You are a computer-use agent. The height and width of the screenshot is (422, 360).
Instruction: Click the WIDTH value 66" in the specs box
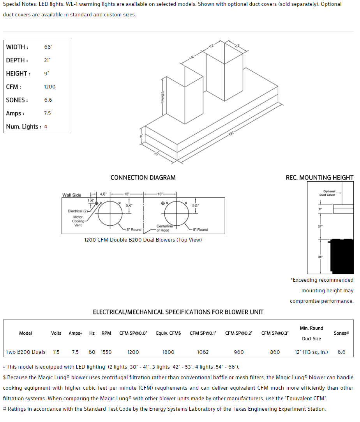(48, 47)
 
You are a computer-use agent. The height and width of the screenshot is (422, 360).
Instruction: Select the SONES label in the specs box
(17, 100)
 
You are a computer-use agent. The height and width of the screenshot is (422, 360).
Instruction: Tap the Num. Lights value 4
(46, 127)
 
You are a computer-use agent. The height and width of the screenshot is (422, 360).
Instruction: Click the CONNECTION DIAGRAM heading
(143, 178)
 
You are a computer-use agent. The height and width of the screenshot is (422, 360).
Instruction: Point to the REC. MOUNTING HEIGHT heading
(319, 178)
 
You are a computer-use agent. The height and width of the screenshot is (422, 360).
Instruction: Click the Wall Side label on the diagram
(72, 195)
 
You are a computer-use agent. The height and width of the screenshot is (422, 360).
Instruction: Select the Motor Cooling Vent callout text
(78, 221)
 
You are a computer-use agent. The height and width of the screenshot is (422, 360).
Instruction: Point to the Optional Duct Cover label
(329, 193)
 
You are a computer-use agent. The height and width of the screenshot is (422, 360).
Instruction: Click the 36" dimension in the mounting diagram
(320, 257)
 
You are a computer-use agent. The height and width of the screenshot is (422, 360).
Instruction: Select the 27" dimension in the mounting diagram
(320, 226)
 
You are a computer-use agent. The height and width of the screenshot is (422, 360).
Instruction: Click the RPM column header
(106, 333)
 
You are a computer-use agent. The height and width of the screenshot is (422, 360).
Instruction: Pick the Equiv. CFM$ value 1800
(168, 352)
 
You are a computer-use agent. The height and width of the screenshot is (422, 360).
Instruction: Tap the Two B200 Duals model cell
(26, 352)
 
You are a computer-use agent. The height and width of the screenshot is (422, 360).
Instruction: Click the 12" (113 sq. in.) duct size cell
(311, 352)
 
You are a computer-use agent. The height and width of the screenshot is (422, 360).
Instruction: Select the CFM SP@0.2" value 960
(239, 352)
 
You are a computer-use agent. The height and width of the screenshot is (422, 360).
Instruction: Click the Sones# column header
(341, 333)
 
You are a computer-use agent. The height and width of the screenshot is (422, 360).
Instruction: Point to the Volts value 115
(56, 352)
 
